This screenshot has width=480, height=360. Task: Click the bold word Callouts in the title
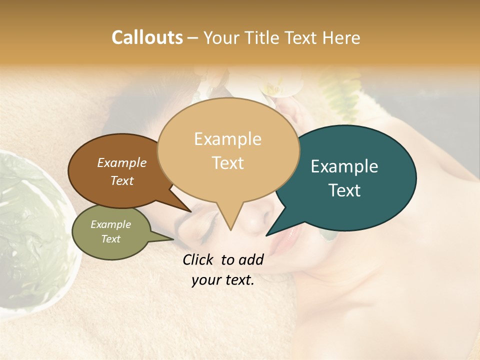(x=147, y=37)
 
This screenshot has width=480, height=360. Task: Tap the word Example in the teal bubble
(x=344, y=166)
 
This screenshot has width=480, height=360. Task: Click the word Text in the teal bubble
(x=344, y=190)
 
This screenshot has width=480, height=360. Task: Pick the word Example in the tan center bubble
(x=227, y=139)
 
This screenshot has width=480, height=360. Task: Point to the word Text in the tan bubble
(x=227, y=163)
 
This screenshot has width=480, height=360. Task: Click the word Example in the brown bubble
(x=121, y=162)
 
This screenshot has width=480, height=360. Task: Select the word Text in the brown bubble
(x=121, y=180)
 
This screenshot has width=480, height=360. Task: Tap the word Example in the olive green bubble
(x=110, y=224)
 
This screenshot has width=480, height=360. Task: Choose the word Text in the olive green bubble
(x=110, y=239)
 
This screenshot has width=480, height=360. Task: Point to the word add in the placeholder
(x=251, y=259)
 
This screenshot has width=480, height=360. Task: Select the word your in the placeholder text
(x=205, y=280)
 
